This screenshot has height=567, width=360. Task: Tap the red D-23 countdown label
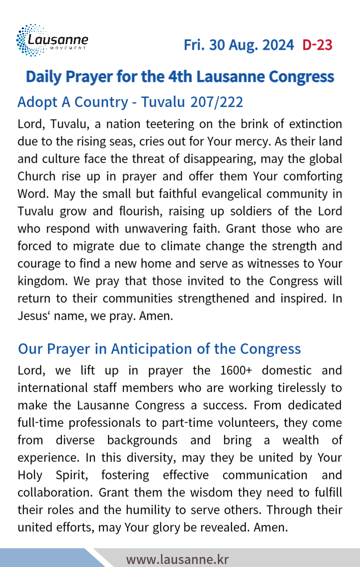pos(317,44)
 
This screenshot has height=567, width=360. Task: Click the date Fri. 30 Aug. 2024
pos(238,44)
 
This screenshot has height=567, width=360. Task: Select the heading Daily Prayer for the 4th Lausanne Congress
pos(180,76)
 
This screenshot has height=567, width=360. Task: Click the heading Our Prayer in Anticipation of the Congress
pos(159,349)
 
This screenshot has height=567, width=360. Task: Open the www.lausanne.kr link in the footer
pos(177,559)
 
